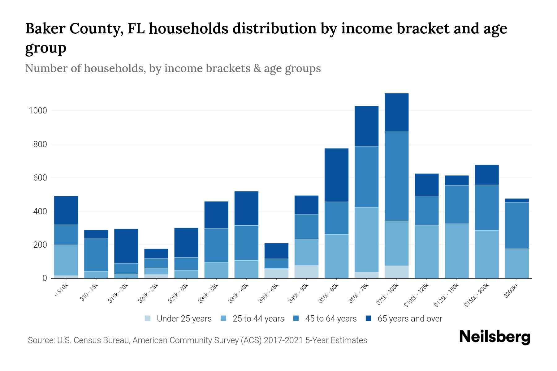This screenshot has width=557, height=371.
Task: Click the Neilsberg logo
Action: [x=494, y=337]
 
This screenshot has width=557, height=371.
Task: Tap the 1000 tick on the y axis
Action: [x=37, y=111]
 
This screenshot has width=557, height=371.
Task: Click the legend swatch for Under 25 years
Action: [x=148, y=318]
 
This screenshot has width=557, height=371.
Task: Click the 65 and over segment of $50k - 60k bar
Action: [x=336, y=175]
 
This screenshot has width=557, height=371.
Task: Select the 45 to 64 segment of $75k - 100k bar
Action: [x=396, y=176]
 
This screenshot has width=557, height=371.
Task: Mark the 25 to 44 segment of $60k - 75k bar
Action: [x=366, y=240]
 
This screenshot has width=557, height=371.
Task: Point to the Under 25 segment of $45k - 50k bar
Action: [x=306, y=272]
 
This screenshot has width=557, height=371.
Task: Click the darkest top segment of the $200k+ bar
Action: [x=517, y=200]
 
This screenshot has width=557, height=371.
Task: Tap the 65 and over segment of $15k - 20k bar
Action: [x=126, y=246]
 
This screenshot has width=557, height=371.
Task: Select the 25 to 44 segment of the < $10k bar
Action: [x=66, y=260]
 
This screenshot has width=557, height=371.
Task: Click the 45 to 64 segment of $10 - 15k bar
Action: [x=96, y=255]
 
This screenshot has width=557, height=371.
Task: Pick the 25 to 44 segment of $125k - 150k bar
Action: [x=456, y=251]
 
